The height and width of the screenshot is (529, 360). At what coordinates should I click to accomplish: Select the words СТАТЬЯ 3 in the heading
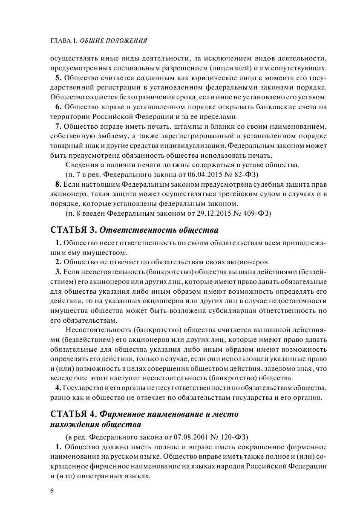(x=74, y=231)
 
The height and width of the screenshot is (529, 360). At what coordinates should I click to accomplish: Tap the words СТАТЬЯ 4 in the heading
(x=74, y=414)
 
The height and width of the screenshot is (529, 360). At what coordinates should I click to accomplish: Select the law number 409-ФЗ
(x=255, y=212)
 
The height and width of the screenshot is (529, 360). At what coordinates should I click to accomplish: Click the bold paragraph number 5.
(x=58, y=77)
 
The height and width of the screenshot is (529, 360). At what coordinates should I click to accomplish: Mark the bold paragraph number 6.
(x=58, y=106)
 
